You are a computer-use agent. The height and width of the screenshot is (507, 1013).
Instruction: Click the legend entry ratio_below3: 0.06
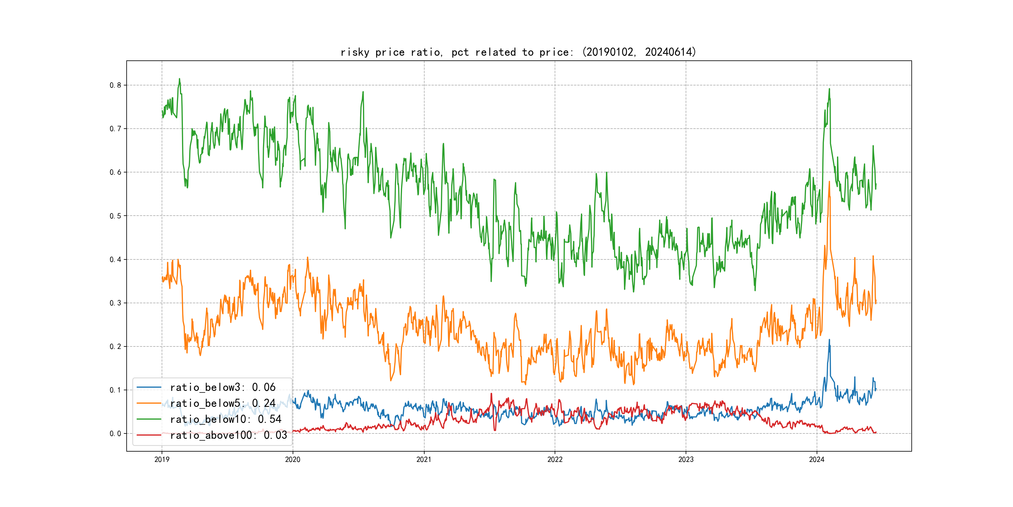click(x=223, y=387)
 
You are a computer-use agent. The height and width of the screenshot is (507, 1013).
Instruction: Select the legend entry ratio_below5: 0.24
click(x=223, y=403)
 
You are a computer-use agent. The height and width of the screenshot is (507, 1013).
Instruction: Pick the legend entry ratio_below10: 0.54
click(x=225, y=419)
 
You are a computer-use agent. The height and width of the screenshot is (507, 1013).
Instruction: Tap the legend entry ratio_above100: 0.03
click(x=229, y=435)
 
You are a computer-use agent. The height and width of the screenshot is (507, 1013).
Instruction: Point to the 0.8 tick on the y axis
click(x=115, y=85)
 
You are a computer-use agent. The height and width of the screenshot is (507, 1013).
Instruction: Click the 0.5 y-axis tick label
click(x=115, y=216)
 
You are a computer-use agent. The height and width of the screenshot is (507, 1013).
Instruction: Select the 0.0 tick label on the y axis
click(x=115, y=433)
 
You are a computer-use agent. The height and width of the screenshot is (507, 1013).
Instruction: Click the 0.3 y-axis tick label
click(x=115, y=303)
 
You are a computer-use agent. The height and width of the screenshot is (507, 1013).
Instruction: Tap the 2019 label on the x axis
click(x=162, y=459)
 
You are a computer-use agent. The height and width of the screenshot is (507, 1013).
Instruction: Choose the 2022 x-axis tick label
click(x=555, y=459)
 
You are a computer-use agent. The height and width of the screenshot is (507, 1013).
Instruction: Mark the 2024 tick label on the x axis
click(x=817, y=459)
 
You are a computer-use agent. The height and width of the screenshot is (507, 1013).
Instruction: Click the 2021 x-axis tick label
click(x=424, y=459)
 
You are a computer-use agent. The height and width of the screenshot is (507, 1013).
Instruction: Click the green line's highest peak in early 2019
click(x=179, y=79)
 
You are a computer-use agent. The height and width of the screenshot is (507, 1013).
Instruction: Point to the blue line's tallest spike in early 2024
click(x=829, y=340)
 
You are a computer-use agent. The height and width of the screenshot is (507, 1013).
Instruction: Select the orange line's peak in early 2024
click(x=829, y=182)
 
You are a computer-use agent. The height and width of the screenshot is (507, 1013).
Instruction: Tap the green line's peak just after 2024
click(x=829, y=89)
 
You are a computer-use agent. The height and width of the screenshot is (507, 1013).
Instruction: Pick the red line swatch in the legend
click(x=149, y=435)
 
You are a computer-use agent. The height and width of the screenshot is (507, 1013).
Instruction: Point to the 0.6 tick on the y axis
click(x=115, y=172)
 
